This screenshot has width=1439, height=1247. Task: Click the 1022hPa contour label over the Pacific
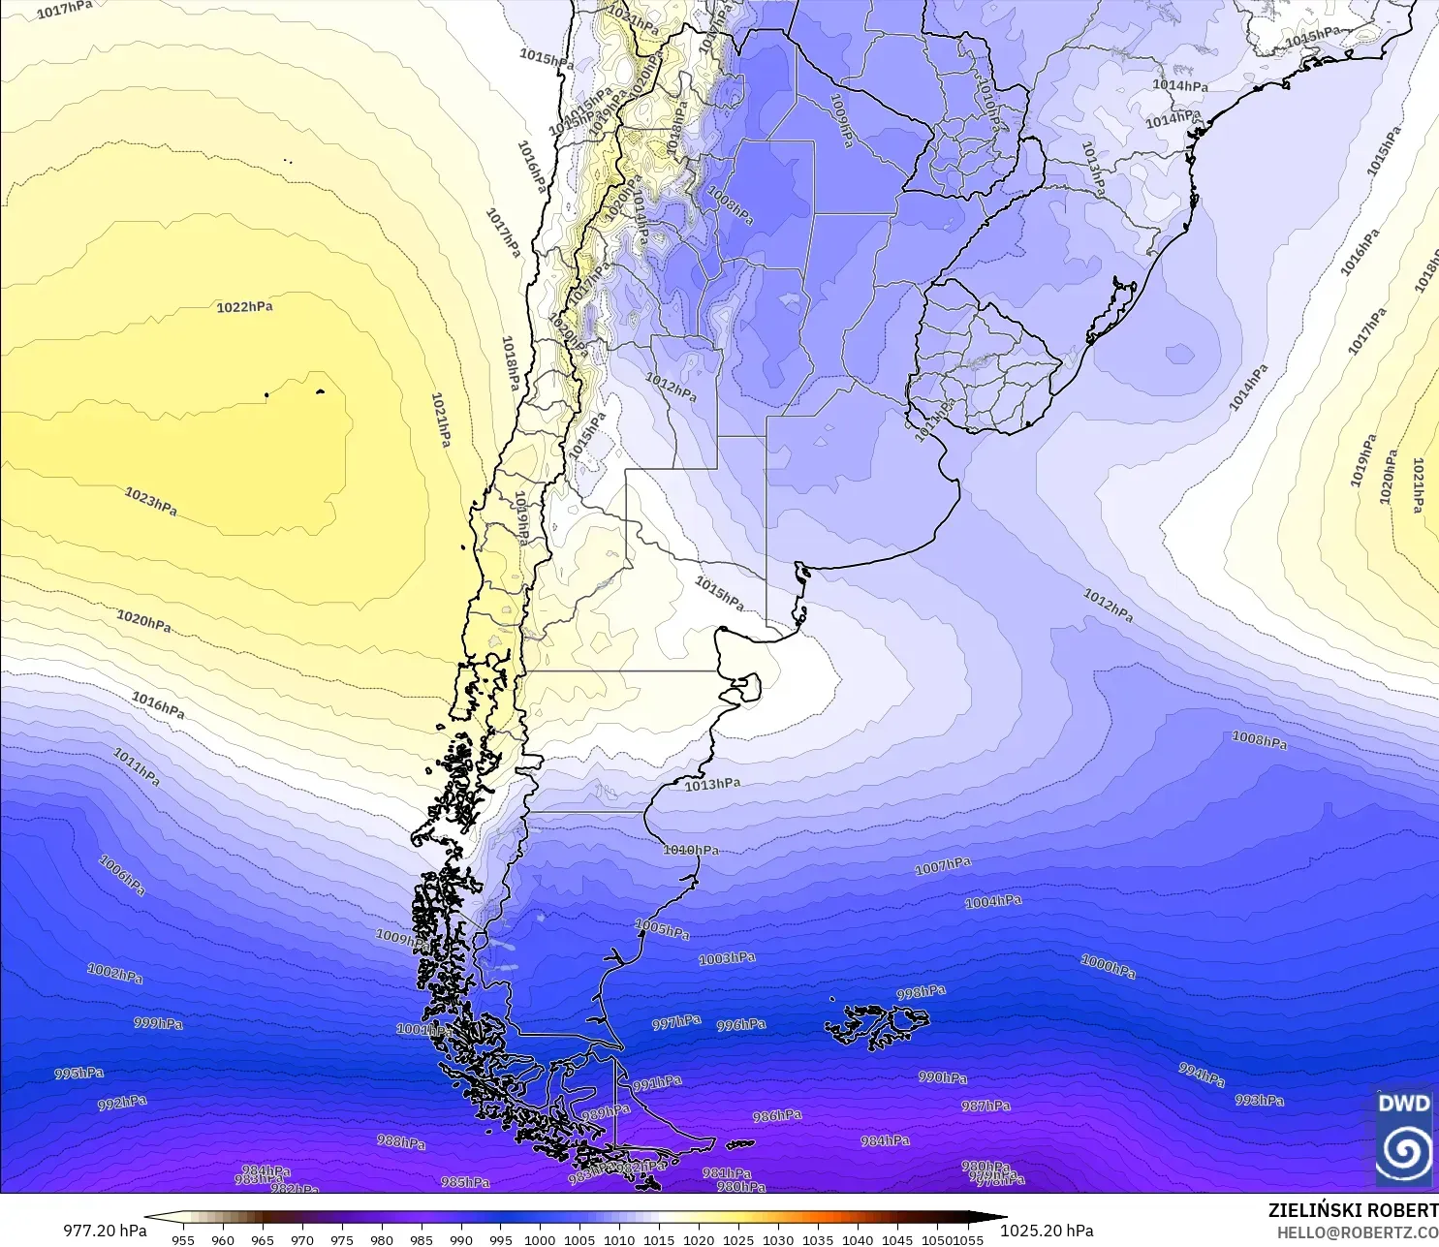[x=244, y=307]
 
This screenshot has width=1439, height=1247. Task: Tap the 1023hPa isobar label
[x=150, y=501]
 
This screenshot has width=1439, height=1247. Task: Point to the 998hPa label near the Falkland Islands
[x=921, y=992]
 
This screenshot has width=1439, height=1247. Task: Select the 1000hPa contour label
[x=1108, y=966]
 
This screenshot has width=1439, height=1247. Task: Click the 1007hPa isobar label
[x=942, y=866]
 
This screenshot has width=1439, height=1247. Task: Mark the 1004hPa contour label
[x=992, y=902]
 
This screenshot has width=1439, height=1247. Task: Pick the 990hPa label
[x=942, y=1077]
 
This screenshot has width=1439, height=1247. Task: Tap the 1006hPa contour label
[x=122, y=875]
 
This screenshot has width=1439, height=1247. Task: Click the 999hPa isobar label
[x=158, y=1023]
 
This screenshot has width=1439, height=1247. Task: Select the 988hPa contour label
[x=401, y=1142]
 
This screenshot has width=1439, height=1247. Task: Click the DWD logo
[x=1403, y=1138]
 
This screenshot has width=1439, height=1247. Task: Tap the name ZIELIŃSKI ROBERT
[x=1353, y=1210]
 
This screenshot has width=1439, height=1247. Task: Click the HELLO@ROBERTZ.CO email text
[x=1357, y=1232]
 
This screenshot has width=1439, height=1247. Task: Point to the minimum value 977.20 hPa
[x=106, y=1231]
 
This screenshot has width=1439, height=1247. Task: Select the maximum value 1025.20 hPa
[x=1047, y=1231]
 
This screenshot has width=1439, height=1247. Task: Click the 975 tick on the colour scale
[x=342, y=1239]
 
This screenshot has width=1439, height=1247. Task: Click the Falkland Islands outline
[x=877, y=1026]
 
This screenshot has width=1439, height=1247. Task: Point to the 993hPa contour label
[x=1259, y=1100]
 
